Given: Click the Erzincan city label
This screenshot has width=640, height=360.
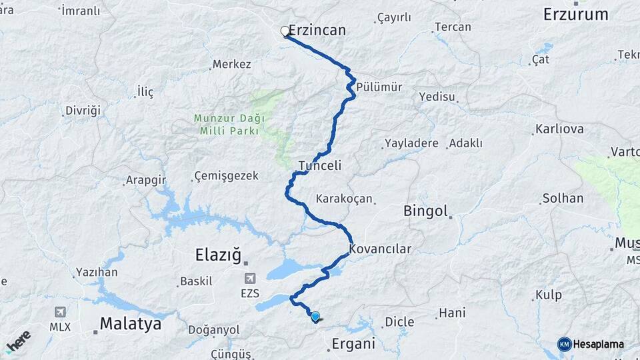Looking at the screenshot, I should coord(317,31).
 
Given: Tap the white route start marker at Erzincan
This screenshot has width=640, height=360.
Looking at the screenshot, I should coord(285,31).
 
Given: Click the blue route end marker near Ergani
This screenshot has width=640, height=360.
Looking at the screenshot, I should coord(315,317).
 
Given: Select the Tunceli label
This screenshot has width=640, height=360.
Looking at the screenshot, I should coord(320,165).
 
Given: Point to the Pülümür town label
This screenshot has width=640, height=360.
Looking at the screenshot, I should coord(379,87).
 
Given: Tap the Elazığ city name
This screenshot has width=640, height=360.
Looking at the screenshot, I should coord(217,254).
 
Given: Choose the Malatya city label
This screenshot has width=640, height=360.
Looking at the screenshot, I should coord(131,324).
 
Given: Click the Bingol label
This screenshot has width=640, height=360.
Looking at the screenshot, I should coord(425,211).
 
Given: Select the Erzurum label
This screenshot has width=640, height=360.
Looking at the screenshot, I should coord(575,14).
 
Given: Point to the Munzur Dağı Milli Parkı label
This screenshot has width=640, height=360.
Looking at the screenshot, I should coord(229,124).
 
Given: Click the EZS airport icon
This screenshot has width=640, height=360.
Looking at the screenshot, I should coord(250,279).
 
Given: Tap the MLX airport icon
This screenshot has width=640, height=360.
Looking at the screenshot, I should coord(60,312).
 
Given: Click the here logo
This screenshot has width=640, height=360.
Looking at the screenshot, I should coord(18,341).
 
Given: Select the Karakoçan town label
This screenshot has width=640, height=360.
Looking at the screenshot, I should coord(343,199).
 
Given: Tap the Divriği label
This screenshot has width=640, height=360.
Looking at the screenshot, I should coord(83,111).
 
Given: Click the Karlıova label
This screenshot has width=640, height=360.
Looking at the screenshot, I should coord(560,129).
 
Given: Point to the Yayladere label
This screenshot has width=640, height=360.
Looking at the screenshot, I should coord(411,143).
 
